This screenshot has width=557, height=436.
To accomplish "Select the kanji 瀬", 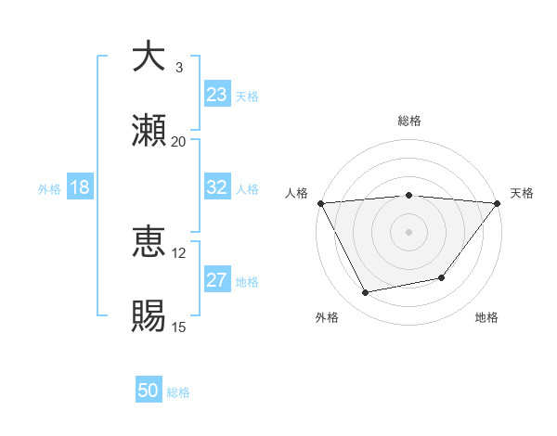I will click(149, 131).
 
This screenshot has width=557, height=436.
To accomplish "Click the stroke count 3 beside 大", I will click(179, 67).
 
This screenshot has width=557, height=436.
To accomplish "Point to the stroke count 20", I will click(178, 142).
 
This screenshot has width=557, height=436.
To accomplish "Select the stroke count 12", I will click(178, 252).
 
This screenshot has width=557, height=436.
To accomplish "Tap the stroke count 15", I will click(178, 327).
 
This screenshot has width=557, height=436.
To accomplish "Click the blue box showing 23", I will click(217, 95).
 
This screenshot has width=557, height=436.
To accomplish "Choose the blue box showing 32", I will click(217, 187).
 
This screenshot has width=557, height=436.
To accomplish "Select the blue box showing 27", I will click(217, 280).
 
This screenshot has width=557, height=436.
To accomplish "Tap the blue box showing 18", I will click(80, 187).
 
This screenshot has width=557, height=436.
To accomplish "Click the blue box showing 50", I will click(149, 391).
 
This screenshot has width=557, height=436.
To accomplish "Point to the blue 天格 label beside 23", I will click(247, 96).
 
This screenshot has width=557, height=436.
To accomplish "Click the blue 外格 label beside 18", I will click(49, 188).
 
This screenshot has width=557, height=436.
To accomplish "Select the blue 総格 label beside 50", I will click(178, 391).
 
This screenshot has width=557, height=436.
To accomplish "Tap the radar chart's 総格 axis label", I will click(409, 121).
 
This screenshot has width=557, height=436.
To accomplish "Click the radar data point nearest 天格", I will click(498, 203).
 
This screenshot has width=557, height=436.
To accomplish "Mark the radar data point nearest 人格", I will click(321, 203).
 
